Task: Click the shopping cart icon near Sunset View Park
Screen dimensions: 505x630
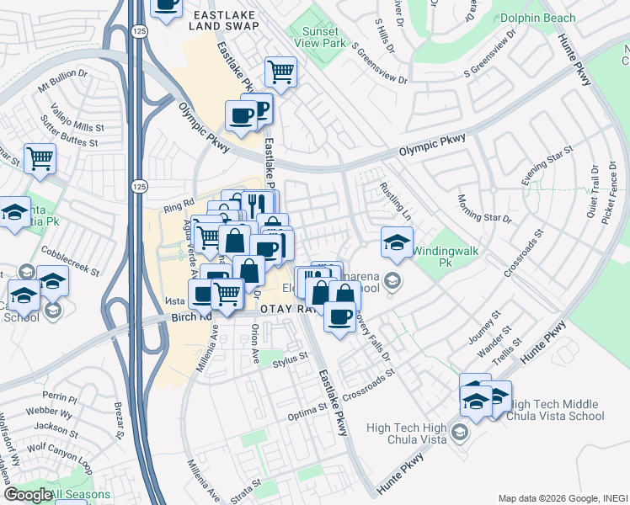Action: pyautogui.click(x=281, y=72)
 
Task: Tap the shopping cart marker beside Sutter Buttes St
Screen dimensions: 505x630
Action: pyautogui.click(x=40, y=157)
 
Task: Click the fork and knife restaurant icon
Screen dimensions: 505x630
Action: pyautogui.click(x=258, y=204)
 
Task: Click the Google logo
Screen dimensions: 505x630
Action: pyautogui.click(x=27, y=495)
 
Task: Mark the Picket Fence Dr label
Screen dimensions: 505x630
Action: pyautogui.click(x=608, y=191)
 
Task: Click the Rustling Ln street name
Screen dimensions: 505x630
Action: pyautogui.click(x=394, y=201)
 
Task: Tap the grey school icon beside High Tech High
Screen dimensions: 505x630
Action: pyautogui.click(x=459, y=433)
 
